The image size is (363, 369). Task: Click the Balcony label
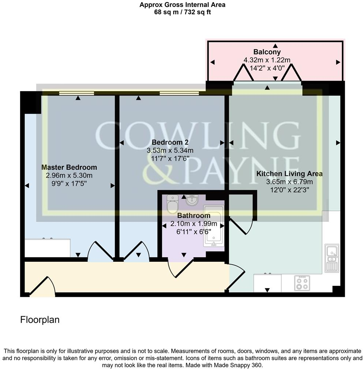pos(267,52)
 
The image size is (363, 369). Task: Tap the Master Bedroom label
pos(69,167)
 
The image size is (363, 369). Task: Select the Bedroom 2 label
pos(170,142)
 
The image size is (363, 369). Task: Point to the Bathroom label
pos(194,216)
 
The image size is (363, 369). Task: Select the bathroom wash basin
pos(191,200)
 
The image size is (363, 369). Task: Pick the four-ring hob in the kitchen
pos(302,283)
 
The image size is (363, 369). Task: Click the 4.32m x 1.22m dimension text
pos(267,60)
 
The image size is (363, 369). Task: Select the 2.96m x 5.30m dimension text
pos(69,175)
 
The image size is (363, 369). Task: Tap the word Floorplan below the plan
pos(40,320)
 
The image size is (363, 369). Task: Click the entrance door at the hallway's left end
pos(42,286)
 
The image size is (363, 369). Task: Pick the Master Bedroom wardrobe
pos(48,248)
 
